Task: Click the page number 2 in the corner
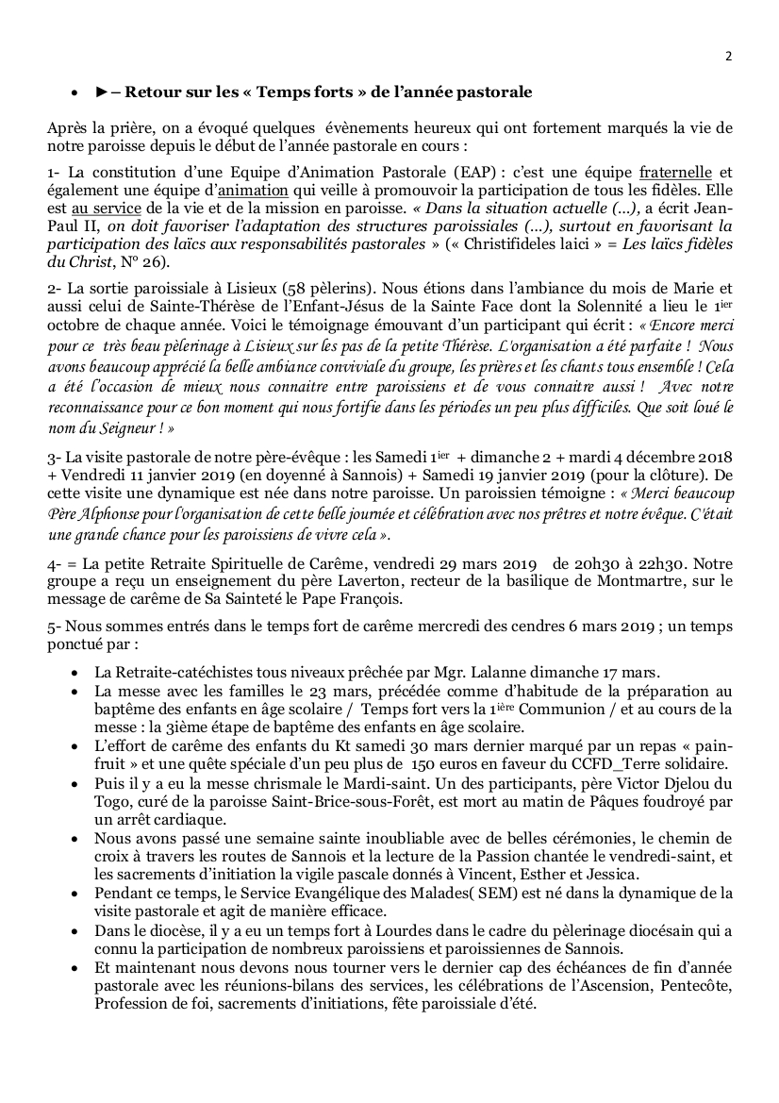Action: [729, 56]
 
